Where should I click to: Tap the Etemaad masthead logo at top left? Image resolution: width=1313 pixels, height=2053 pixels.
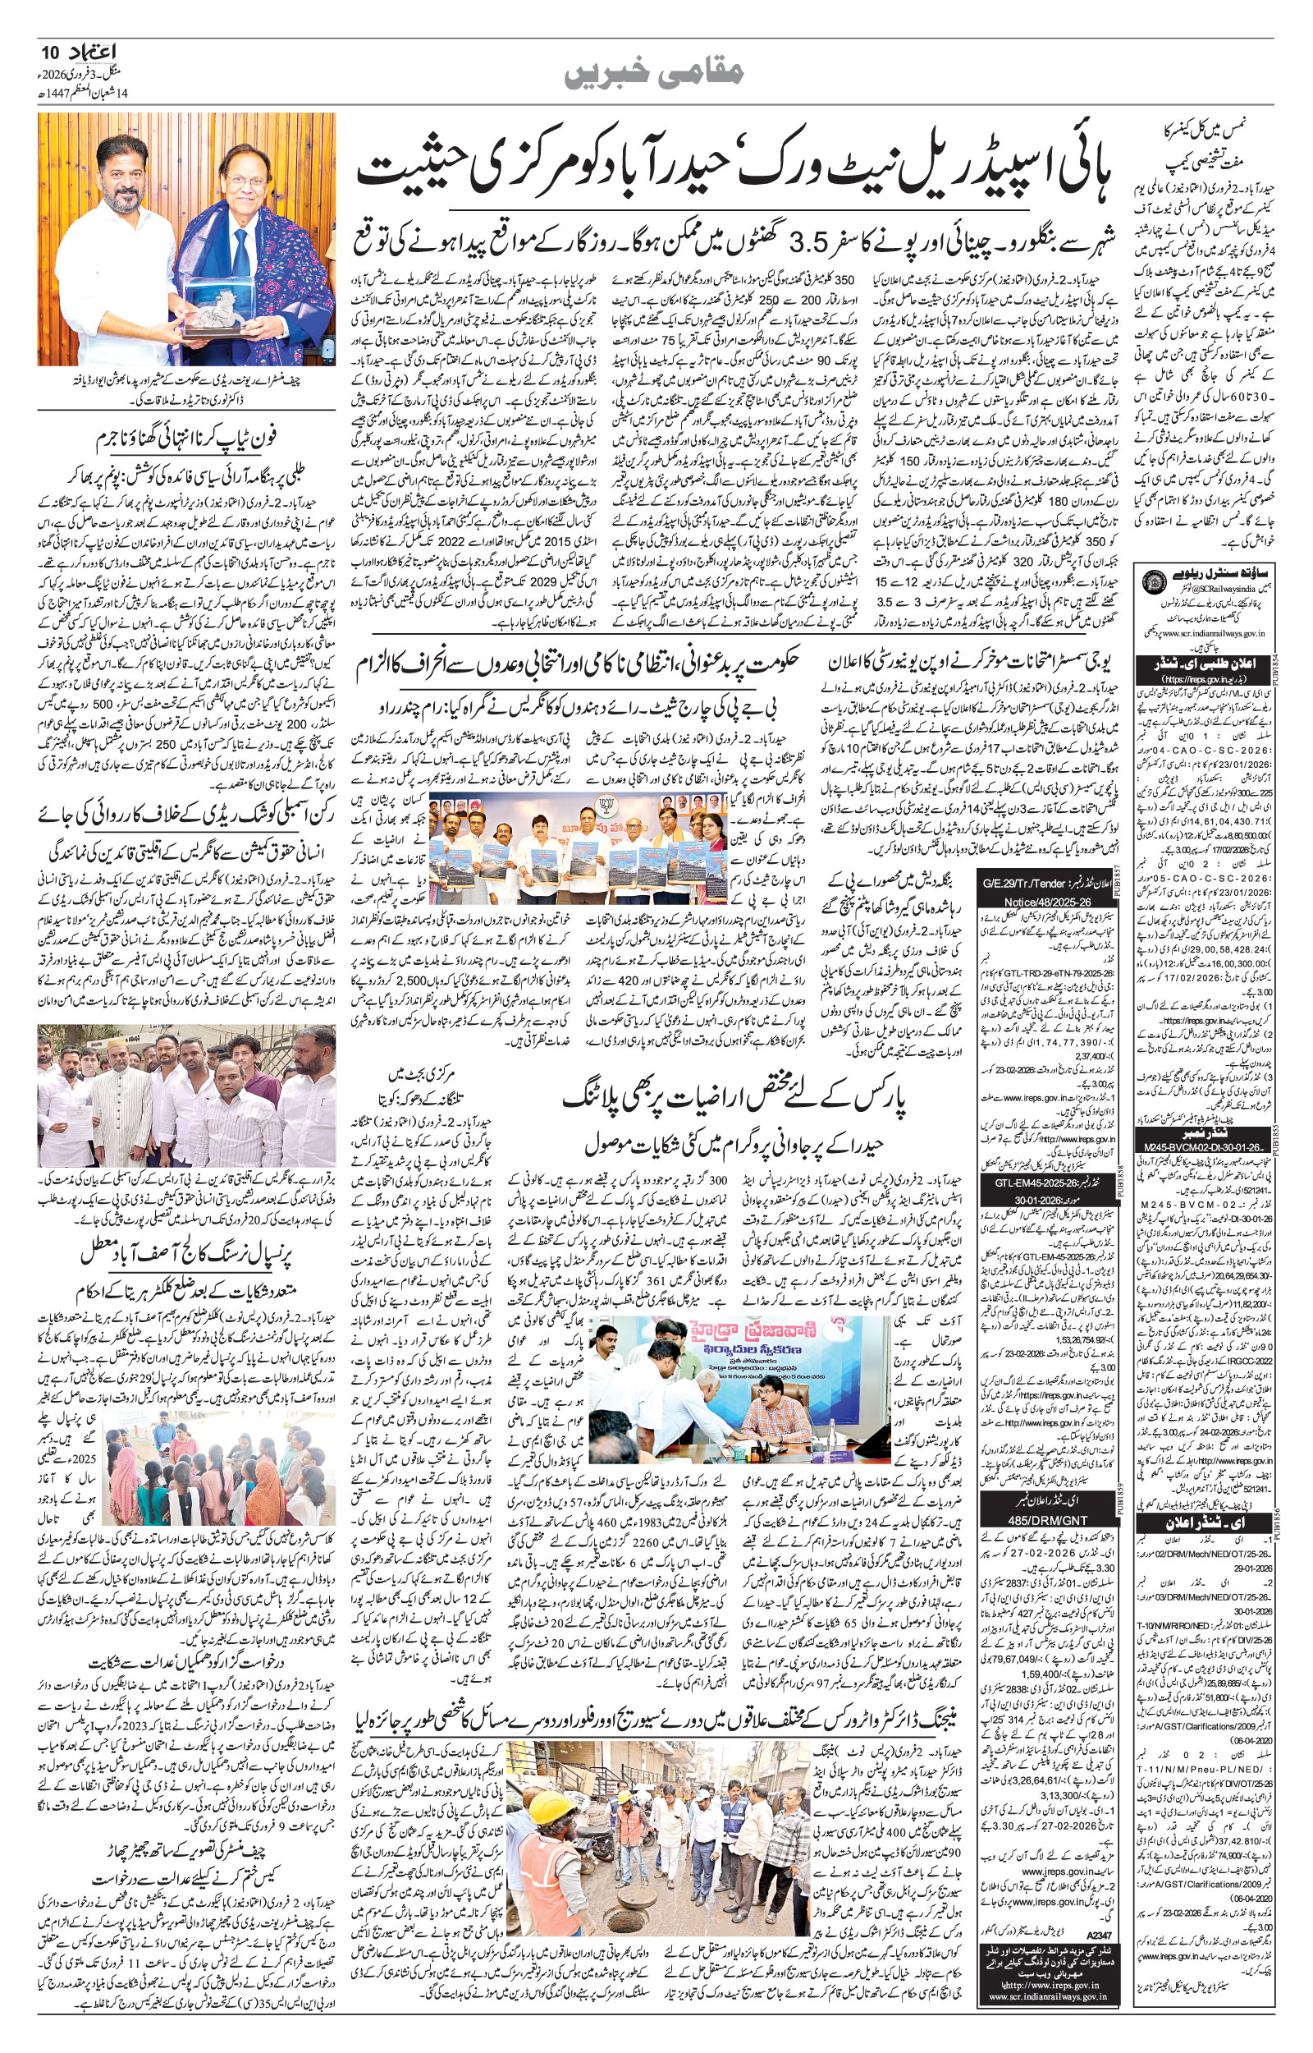(88, 53)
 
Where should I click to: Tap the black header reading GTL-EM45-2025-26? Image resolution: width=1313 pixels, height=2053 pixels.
(1027, 1186)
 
